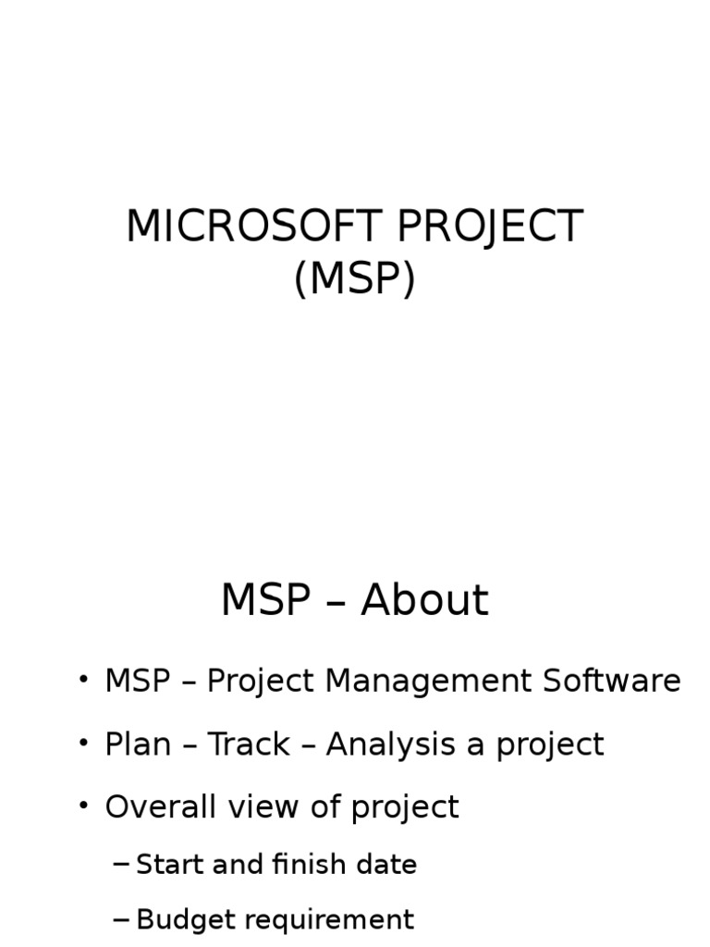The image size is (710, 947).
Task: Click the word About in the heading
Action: pyautogui.click(x=424, y=601)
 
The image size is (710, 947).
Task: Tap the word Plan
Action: pyautogui.click(x=136, y=744)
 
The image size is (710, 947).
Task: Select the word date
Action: pyautogui.click(x=389, y=865)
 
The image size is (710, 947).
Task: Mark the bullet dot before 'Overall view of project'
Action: pyautogui.click(x=84, y=806)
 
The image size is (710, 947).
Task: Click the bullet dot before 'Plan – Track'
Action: pyautogui.click(x=84, y=743)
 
